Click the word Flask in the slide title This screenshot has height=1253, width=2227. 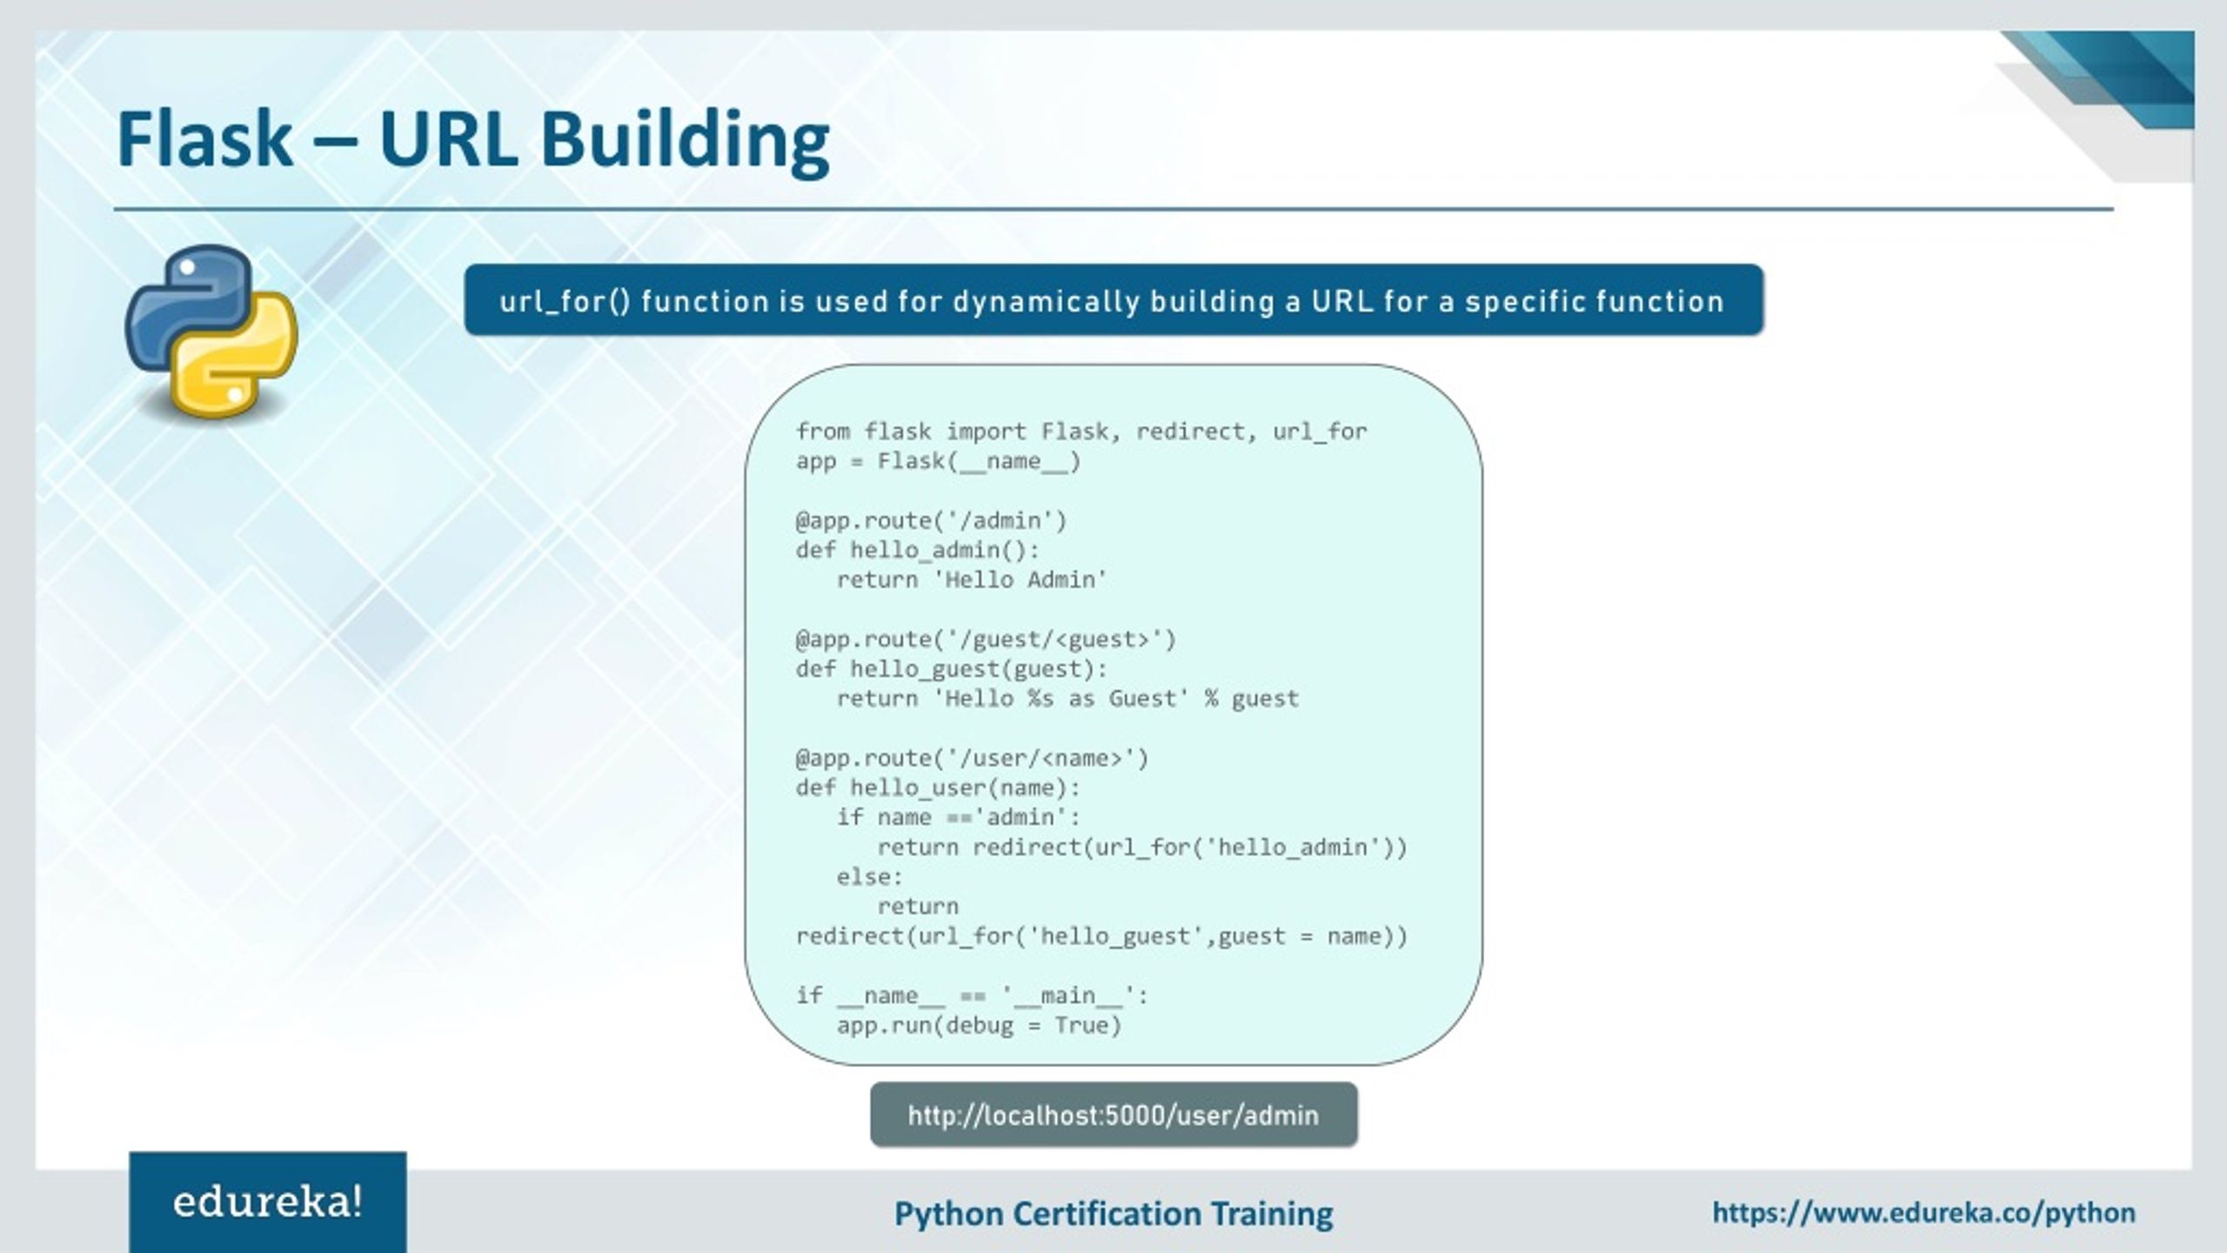pos(205,139)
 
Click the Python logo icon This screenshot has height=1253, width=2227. pos(211,331)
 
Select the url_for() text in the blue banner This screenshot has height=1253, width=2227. pos(565,301)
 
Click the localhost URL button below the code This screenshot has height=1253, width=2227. pos(1113,1115)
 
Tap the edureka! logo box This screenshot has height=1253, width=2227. pos(268,1203)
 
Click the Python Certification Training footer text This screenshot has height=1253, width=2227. pos(1113,1214)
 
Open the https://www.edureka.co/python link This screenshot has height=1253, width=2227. pos(1923,1212)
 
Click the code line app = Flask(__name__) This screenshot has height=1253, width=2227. pos(938,461)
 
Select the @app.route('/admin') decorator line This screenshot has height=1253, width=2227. pos(930,520)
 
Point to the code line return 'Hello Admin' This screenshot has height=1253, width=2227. pos(971,580)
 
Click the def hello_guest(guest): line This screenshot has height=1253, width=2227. pos(952,669)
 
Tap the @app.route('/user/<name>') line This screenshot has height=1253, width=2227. pos(972,758)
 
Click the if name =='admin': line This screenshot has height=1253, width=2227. pos(958,817)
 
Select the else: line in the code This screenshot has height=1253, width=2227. pos(870,876)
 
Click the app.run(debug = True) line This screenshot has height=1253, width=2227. pos(979,1025)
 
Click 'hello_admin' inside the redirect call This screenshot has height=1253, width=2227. pos(1293,847)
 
